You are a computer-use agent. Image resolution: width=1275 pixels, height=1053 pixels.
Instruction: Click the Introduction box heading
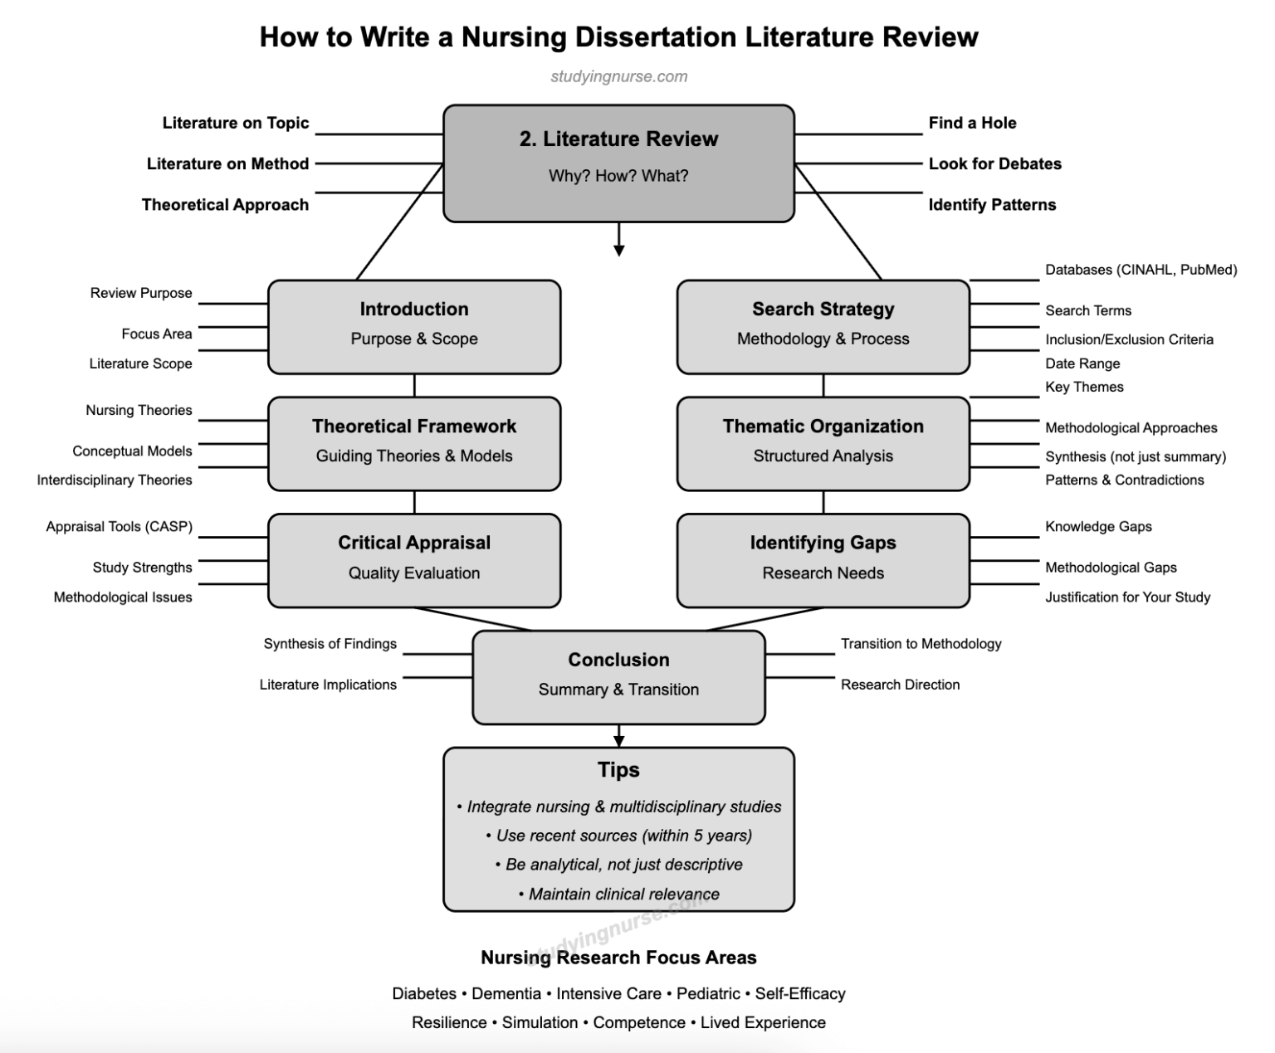pyautogui.click(x=413, y=309)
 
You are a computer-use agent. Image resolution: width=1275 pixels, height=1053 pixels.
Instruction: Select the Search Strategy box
pyautogui.click(x=823, y=326)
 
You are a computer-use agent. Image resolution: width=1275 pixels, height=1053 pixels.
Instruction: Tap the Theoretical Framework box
pyautogui.click(x=413, y=443)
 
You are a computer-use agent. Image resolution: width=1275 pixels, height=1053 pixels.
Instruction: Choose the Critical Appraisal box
pyautogui.click(x=413, y=560)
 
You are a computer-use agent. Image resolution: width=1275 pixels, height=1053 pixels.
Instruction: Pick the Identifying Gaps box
pyautogui.click(x=823, y=560)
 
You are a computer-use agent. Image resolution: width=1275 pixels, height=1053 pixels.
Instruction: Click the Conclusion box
pyautogui.click(x=618, y=677)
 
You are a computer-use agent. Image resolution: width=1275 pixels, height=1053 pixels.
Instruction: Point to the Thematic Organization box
pyautogui.click(x=823, y=443)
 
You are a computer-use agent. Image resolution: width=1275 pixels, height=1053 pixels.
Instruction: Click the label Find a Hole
pyautogui.click(x=972, y=123)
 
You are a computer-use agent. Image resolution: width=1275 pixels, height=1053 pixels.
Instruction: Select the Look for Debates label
pyautogui.click(x=994, y=163)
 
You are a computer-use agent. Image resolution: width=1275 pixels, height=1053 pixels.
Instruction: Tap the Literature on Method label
pyautogui.click(x=227, y=163)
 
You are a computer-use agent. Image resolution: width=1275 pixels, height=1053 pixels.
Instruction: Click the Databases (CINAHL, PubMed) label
pyautogui.click(x=1141, y=270)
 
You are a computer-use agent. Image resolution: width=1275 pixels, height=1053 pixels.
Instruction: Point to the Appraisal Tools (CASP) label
pyautogui.click(x=119, y=526)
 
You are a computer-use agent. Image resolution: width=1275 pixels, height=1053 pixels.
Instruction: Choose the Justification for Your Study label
pyautogui.click(x=1127, y=597)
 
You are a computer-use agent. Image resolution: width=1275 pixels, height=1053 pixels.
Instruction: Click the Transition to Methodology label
pyautogui.click(x=921, y=643)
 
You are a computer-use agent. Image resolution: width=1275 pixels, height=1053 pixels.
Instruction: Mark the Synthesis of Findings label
pyautogui.click(x=330, y=643)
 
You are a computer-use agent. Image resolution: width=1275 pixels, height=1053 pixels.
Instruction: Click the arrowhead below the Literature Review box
pyautogui.click(x=618, y=250)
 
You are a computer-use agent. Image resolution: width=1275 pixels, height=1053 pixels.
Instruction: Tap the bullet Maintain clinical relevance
pyautogui.click(x=623, y=894)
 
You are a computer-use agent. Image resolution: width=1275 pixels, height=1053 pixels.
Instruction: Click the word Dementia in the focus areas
pyautogui.click(x=506, y=993)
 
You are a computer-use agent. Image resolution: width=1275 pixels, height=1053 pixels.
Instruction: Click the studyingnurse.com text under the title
pyautogui.click(x=618, y=76)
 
